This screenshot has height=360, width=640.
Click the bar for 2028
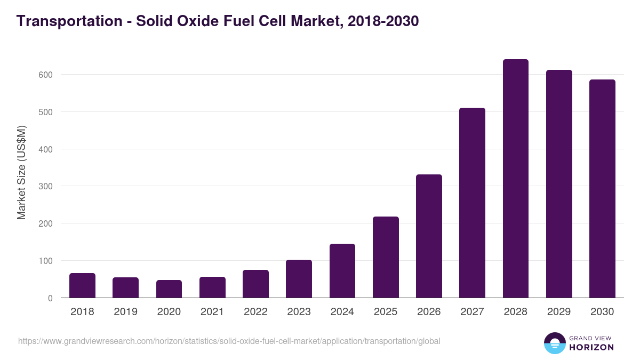(515, 179)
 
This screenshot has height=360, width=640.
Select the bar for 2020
(169, 289)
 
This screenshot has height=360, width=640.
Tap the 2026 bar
(429, 236)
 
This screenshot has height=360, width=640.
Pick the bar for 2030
(602, 189)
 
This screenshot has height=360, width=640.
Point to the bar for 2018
(82, 286)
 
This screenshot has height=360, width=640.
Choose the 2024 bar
(342, 271)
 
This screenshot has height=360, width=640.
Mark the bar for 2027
(472, 203)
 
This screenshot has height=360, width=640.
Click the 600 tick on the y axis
(45, 75)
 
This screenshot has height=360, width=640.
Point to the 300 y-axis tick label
(45, 186)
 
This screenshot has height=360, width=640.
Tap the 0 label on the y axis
(50, 298)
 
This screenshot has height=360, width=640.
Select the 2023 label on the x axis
(299, 312)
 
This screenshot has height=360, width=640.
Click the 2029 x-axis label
(559, 312)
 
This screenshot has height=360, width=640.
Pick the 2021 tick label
(212, 312)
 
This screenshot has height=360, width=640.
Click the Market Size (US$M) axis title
(21, 173)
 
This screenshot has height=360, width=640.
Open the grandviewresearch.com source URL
(229, 341)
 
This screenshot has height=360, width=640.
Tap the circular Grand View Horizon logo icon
(555, 343)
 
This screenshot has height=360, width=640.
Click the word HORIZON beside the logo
(591, 347)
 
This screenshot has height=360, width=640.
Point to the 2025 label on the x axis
(386, 312)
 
